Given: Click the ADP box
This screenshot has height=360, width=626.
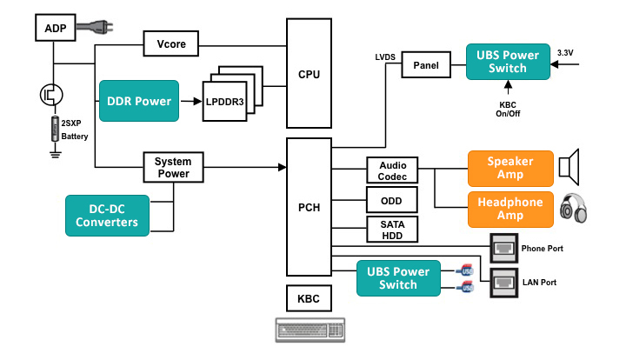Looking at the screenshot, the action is [55, 28].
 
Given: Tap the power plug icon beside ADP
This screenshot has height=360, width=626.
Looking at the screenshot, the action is [95, 27].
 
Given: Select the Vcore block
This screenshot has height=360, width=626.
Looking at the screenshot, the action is [171, 43].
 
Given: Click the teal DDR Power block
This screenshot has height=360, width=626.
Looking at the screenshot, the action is [139, 101].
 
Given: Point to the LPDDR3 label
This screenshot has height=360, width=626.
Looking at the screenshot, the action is [225, 102].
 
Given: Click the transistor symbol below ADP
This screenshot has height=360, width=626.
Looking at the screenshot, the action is [51, 95].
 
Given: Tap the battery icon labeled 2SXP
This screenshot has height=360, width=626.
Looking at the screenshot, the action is [55, 129].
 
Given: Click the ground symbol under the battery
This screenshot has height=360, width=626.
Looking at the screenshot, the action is [56, 155].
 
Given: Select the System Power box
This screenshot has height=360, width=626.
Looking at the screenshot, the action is [173, 167].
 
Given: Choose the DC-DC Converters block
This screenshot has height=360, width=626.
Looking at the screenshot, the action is [108, 216].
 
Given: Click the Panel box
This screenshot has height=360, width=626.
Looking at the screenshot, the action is [426, 64].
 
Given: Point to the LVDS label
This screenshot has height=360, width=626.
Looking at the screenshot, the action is [385, 57].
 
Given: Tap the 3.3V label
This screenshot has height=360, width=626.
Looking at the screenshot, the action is [565, 53].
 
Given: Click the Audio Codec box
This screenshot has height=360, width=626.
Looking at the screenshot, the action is [392, 170].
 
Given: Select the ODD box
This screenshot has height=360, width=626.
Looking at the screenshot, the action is [392, 200].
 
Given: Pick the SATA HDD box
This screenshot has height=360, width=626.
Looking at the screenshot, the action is [392, 230].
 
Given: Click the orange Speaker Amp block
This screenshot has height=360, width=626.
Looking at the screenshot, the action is [510, 169].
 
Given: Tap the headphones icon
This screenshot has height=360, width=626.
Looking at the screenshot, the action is [573, 208].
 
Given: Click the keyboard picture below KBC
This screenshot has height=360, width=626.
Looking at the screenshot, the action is [310, 330].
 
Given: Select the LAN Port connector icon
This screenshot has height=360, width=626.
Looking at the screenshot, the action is [503, 283].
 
